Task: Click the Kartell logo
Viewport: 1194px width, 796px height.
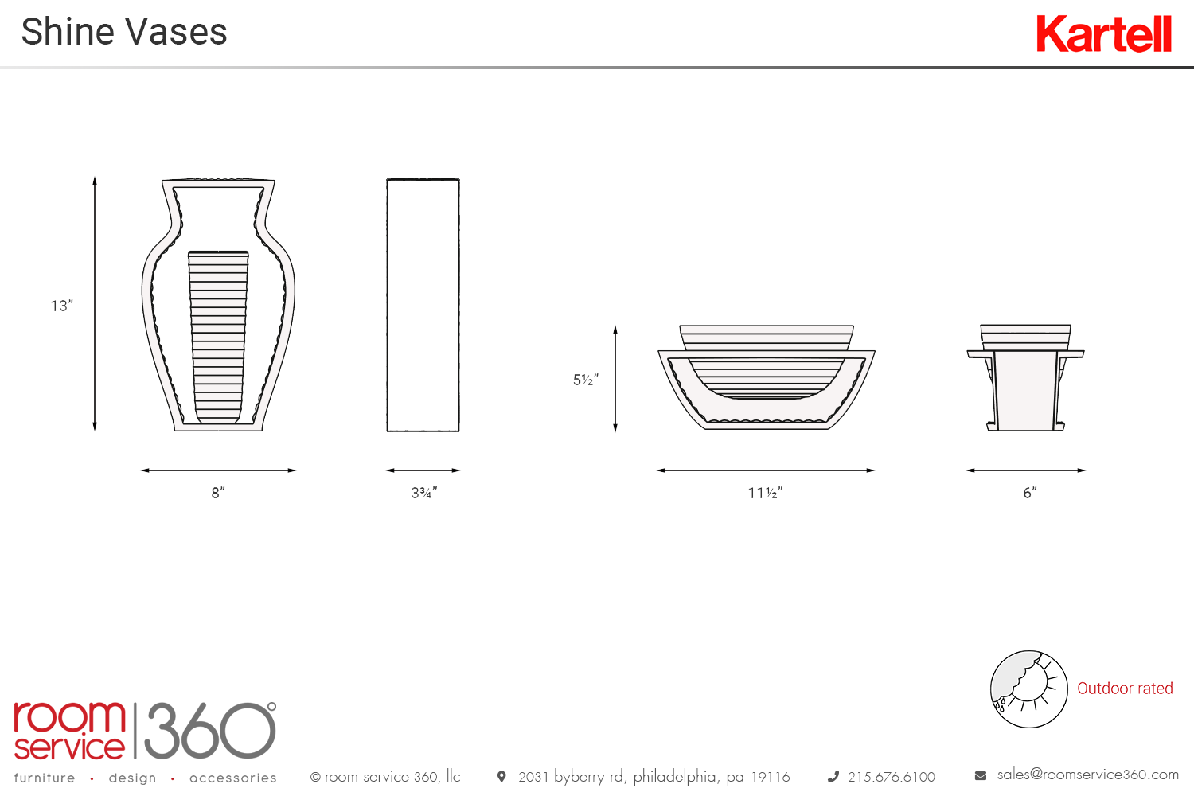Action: coord(1104,33)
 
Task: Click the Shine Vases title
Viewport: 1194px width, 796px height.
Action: coord(124,32)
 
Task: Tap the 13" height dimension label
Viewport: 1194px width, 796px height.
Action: coord(62,306)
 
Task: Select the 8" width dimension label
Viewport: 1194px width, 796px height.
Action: coord(218,493)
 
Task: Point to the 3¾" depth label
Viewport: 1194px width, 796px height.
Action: coord(423,493)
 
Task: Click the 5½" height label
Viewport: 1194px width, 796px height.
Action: coord(585,380)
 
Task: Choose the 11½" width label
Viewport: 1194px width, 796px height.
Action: coord(765,493)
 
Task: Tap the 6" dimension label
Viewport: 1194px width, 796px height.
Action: coord(1030,493)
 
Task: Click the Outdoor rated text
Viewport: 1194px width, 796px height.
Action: coord(1125,689)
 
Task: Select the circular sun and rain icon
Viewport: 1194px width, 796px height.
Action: coord(1028,689)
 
